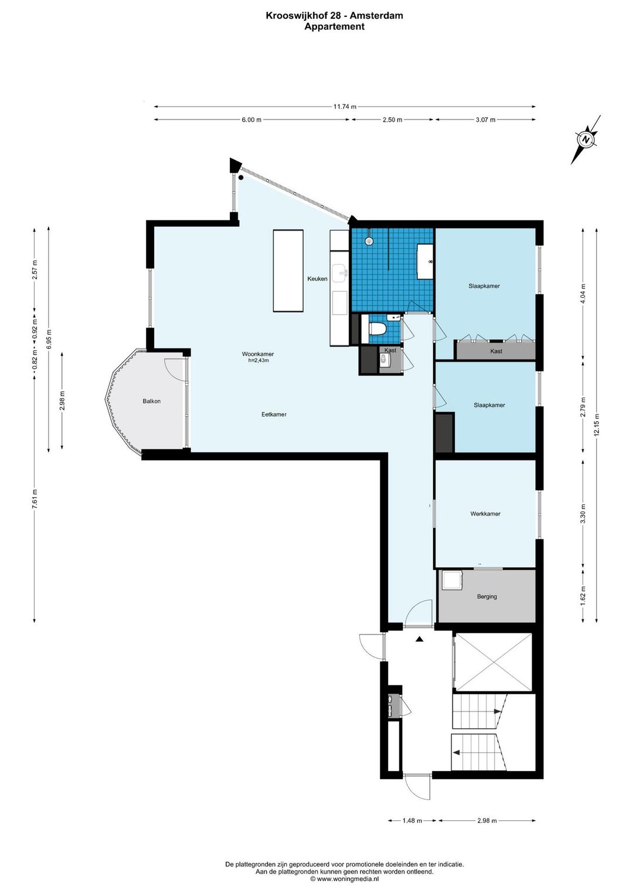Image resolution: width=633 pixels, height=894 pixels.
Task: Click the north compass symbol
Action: [x=586, y=139]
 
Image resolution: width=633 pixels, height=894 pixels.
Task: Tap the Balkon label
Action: [x=152, y=401]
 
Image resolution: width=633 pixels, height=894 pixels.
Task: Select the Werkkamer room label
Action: [x=485, y=514]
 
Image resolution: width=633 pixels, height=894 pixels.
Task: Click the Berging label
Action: [x=487, y=596]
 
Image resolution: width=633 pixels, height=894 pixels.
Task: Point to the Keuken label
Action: [x=317, y=279]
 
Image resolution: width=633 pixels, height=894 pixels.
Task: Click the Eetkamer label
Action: [x=274, y=414]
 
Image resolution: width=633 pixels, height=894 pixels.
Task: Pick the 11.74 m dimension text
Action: [x=345, y=107]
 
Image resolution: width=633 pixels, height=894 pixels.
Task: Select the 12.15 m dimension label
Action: [x=597, y=425]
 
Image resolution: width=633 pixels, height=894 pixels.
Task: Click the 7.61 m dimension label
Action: [x=35, y=499]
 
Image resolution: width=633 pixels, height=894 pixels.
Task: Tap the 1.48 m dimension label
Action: [x=412, y=821]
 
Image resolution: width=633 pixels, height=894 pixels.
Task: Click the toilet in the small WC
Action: [x=377, y=329]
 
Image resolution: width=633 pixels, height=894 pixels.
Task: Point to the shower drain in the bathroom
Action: [x=369, y=241]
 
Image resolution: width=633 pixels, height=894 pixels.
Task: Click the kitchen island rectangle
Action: [x=288, y=271]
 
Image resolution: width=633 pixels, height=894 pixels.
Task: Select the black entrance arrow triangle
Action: [x=419, y=639]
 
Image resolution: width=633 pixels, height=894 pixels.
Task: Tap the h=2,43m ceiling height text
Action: [x=258, y=360]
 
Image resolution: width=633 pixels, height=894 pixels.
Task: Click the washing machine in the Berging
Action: [x=452, y=581]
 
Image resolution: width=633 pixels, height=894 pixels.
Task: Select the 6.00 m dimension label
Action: [x=251, y=120]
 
